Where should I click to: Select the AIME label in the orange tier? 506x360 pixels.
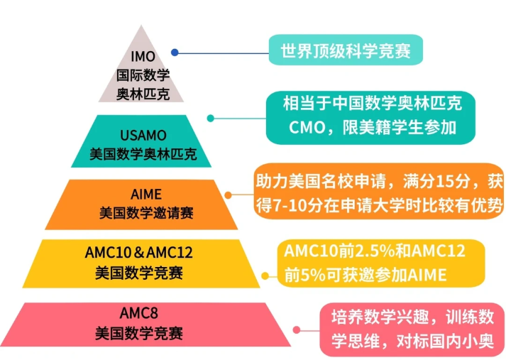tap(146, 195)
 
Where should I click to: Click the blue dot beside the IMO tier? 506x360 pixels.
tap(175, 52)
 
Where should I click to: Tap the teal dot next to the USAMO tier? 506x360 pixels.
tap(210, 118)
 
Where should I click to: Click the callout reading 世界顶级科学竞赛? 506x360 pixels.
tap(341, 51)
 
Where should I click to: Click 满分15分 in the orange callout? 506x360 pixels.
tap(425, 181)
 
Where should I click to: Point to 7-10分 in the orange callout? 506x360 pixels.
tap(288, 205)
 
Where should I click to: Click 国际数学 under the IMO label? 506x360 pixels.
tap(143, 74)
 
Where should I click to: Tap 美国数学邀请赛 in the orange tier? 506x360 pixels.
tap(146, 212)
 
